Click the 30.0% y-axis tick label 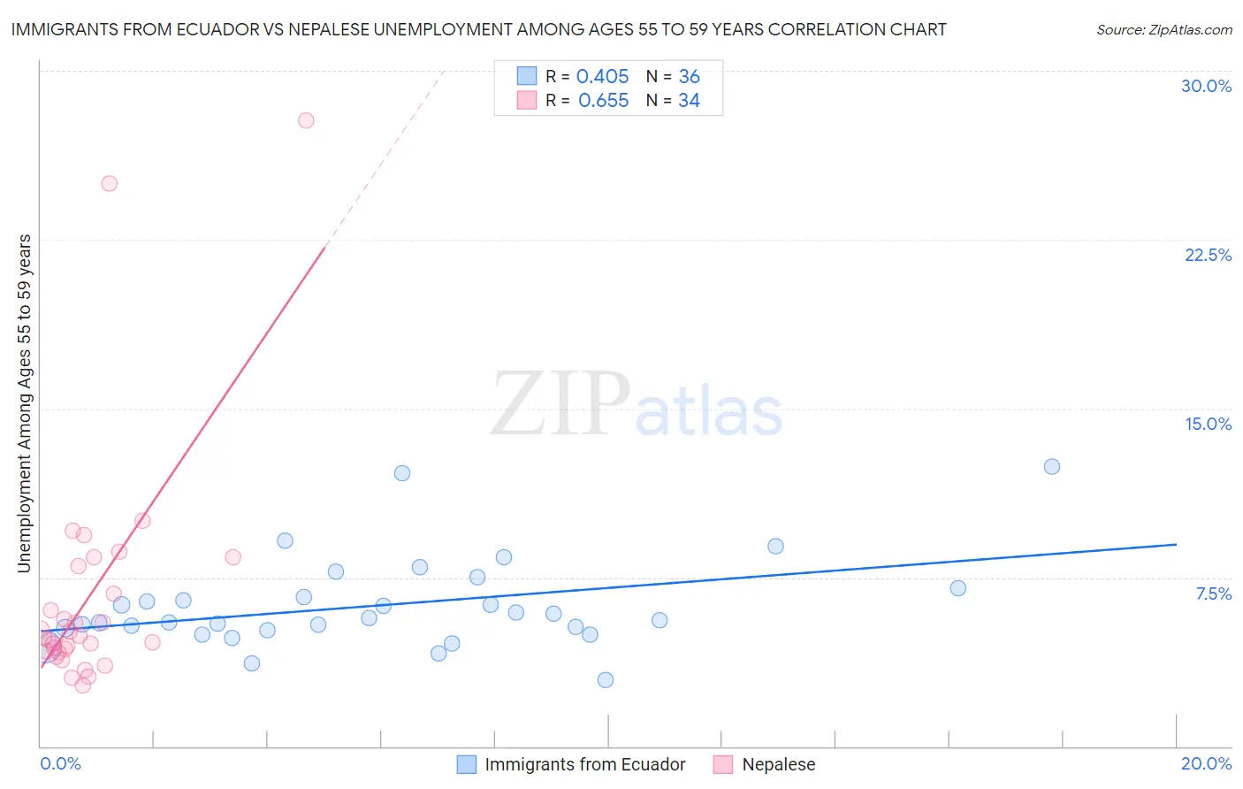pos(1206,86)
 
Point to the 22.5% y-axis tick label pos(1208,255)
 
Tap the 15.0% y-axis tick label pos(1208,424)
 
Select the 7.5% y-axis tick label pos(1213,594)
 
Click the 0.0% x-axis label pos(60,763)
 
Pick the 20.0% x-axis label pos(1206,763)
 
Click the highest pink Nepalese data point pos(306,120)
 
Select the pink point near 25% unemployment pos(110,184)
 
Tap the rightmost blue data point pos(1051,466)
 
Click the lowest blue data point pos(606,679)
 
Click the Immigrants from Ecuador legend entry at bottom pos(584,764)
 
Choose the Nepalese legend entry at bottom pos(778,764)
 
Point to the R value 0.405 pos(602,77)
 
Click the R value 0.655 pos(603,101)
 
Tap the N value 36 pos(689,77)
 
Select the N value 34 pos(689,101)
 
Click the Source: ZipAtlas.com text pos(1163,30)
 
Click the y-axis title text pos(25,403)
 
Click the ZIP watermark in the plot pos(560,405)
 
